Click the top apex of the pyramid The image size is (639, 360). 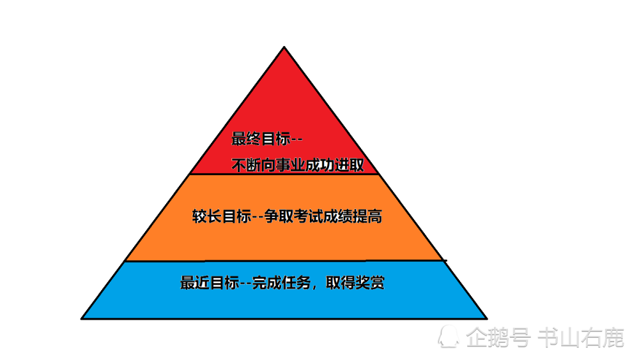pos(284,47)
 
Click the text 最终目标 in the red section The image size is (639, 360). pos(261,139)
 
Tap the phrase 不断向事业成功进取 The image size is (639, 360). pos(298,165)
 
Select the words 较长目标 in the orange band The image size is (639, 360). pos(222,216)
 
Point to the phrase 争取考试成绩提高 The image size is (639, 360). pos(323,216)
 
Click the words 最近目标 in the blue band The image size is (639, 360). pos(210,282)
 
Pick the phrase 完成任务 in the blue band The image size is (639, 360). pos(282,282)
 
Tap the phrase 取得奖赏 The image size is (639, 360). pos(355,282)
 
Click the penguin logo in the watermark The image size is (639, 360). pos(449,336)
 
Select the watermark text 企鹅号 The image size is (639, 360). pos(498,338)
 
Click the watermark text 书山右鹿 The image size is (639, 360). pos(581,338)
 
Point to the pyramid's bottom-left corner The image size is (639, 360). pos(82,318)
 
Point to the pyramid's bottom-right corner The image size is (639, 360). pos(486,318)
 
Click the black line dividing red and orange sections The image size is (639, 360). pos(284,174)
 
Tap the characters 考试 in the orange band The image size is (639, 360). pos(308,216)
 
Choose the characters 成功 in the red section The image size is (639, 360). pos(320,165)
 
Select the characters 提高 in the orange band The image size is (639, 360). pos(367,216)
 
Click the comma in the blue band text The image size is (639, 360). pos(314,287)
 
